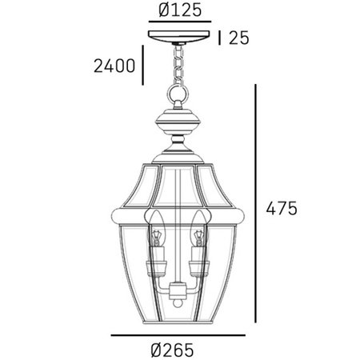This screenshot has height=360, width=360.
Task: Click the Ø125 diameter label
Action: (x=180, y=10)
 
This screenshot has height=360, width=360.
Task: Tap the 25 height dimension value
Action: (x=239, y=38)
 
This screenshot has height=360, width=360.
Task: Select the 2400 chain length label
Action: (x=114, y=66)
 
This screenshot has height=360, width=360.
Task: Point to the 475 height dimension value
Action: (x=282, y=208)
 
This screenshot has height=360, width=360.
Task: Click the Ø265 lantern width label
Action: (x=172, y=350)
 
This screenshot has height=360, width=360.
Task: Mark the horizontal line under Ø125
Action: (x=180, y=22)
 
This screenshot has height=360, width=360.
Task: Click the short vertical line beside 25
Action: (x=219, y=38)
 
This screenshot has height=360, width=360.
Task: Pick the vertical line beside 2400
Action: (x=143, y=65)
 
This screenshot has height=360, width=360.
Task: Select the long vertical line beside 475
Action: (x=255, y=203)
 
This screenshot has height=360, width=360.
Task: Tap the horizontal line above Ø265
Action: (x=178, y=335)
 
